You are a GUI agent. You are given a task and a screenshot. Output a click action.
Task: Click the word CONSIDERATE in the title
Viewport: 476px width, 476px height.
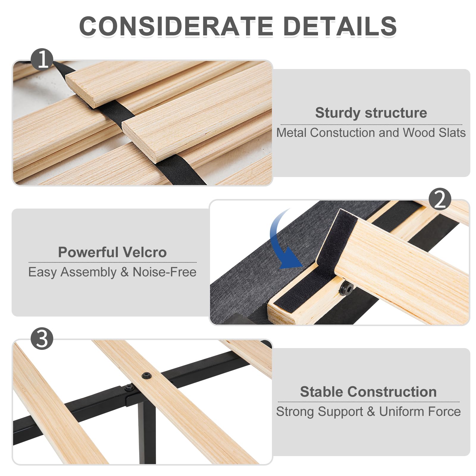(x=176, y=26)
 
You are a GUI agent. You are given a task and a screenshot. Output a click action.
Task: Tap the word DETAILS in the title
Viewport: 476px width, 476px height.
(x=340, y=26)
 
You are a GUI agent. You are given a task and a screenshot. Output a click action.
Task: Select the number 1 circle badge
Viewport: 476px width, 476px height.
(x=42, y=59)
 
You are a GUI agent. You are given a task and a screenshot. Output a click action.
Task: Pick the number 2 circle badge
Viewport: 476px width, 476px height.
(x=440, y=199)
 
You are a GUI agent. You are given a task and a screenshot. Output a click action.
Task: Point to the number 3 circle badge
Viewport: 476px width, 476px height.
(x=42, y=339)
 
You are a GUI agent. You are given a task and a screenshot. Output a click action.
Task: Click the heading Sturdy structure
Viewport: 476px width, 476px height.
(x=371, y=113)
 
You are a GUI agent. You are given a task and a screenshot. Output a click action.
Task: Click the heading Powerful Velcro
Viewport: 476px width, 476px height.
(x=112, y=252)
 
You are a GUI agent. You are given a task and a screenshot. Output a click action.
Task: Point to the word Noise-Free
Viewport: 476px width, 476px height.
(x=165, y=272)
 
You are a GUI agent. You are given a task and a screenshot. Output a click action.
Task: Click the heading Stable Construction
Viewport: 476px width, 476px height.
(x=368, y=392)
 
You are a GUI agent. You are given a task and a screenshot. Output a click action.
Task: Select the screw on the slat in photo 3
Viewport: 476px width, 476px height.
(x=146, y=375)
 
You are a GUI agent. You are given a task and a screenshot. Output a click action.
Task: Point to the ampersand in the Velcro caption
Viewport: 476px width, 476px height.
(x=124, y=272)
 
